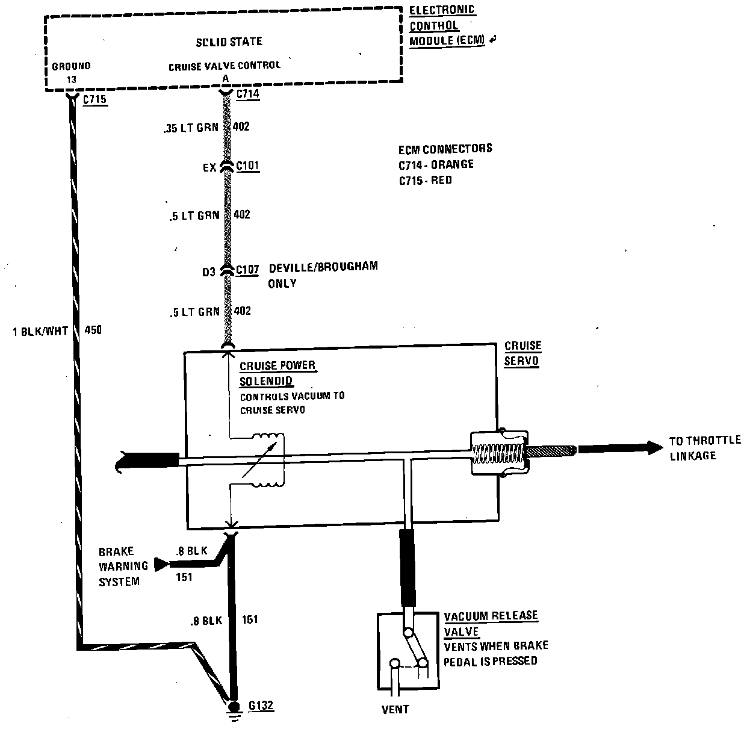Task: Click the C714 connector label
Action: [247, 94]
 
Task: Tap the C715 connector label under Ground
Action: [95, 100]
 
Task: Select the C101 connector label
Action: [247, 166]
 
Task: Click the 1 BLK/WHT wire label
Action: [40, 330]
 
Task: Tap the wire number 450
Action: [93, 330]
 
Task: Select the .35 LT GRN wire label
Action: [190, 128]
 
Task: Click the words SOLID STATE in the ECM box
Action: [229, 42]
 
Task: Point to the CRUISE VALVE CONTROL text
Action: [224, 66]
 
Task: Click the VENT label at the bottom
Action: [395, 709]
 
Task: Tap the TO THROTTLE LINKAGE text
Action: [704, 448]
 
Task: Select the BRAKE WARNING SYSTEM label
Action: [123, 566]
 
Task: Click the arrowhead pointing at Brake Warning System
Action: [161, 565]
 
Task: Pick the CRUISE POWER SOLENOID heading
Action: [277, 373]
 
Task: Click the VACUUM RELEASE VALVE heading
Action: [490, 624]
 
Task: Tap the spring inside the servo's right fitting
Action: [500, 451]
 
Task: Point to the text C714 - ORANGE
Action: [436, 164]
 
